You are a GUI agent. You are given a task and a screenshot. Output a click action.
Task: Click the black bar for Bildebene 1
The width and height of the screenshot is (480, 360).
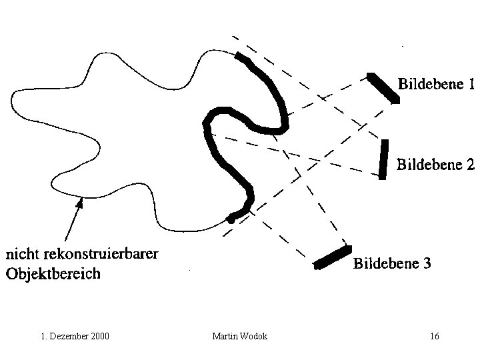[384, 88]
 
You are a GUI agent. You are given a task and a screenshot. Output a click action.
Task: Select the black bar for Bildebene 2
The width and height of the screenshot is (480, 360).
[384, 159]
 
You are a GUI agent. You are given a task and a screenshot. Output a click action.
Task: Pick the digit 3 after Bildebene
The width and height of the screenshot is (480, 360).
[426, 264]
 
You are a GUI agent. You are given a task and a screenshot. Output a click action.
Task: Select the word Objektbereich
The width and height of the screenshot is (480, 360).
[53, 273]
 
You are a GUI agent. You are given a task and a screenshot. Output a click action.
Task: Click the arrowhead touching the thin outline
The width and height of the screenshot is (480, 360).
[80, 202]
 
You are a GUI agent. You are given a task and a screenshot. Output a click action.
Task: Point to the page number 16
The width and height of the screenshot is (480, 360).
[435, 336]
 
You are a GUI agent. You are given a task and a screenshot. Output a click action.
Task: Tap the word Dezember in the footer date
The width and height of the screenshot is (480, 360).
[69, 336]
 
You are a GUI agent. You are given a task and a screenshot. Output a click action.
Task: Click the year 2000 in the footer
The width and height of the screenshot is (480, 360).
[100, 336]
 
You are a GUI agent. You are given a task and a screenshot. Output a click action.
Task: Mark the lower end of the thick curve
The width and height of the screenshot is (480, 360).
[231, 217]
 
